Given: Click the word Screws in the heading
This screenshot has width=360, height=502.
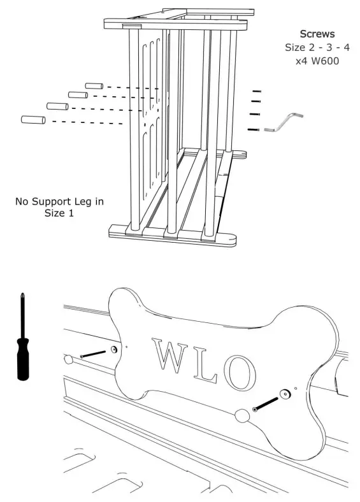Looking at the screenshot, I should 318,33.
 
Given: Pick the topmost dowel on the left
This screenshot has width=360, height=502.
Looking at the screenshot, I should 94,86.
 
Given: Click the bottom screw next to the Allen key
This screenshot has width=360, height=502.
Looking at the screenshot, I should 254,130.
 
